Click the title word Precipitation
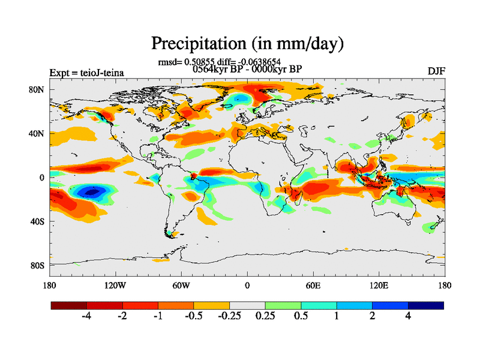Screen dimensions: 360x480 click(x=191, y=43)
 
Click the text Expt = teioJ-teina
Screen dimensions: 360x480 click(x=86, y=73)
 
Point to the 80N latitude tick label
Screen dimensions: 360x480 click(x=37, y=89)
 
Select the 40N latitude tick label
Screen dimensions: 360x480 click(x=37, y=133)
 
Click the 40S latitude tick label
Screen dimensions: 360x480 click(x=38, y=221)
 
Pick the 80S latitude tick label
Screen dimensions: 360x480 click(x=38, y=265)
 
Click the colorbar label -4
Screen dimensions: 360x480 click(x=86, y=316)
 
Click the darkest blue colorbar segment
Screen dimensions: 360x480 click(x=426, y=305)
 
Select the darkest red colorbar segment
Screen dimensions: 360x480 click(x=69, y=305)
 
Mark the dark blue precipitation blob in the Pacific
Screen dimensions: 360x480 click(x=91, y=192)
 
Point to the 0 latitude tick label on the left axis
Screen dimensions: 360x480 click(x=43, y=178)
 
